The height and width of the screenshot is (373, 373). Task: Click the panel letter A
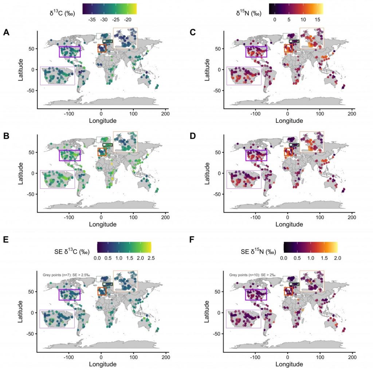tap(6, 33)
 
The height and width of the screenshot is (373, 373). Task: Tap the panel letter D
tap(193, 137)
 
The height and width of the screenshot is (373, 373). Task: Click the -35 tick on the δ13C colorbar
tap(92, 19)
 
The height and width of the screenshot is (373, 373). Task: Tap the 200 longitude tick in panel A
tap(165, 114)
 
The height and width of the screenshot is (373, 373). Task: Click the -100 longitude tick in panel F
tap(255, 357)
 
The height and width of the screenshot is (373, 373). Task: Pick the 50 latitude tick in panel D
tap(219, 152)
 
